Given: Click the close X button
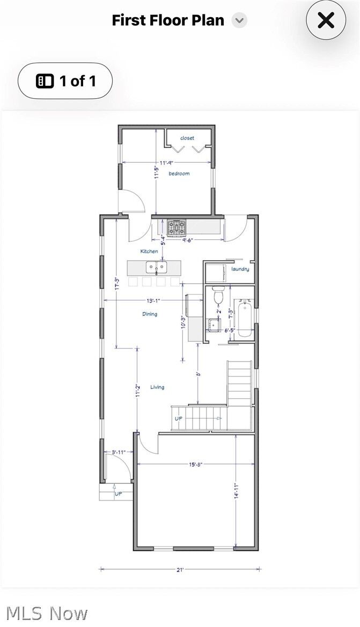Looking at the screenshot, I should pyautogui.click(x=326, y=21).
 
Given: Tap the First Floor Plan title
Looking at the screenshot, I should pyautogui.click(x=168, y=20).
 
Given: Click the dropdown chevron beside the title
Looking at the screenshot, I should pyautogui.click(x=239, y=21).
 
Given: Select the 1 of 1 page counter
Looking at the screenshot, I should pyautogui.click(x=65, y=81).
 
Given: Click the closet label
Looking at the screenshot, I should pyautogui.click(x=187, y=138).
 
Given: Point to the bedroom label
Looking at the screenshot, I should pyautogui.click(x=179, y=174).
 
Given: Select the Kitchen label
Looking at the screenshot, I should pyautogui.click(x=149, y=251).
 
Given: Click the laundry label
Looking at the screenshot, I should pyautogui.click(x=240, y=269).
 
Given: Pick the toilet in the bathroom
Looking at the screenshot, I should pyautogui.click(x=218, y=296).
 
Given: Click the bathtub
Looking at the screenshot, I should pyautogui.click(x=244, y=320).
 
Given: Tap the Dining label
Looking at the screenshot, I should pyautogui.click(x=150, y=314).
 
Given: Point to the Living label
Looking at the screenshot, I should pyautogui.click(x=157, y=387).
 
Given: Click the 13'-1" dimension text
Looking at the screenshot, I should pyautogui.click(x=152, y=300).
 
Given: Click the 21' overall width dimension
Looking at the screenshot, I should pyautogui.click(x=180, y=570).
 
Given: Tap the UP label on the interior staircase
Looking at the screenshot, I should pyautogui.click(x=178, y=418).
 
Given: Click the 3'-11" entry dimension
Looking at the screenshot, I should pyautogui.click(x=118, y=452).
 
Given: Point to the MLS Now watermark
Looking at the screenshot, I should pyautogui.click(x=47, y=613).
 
